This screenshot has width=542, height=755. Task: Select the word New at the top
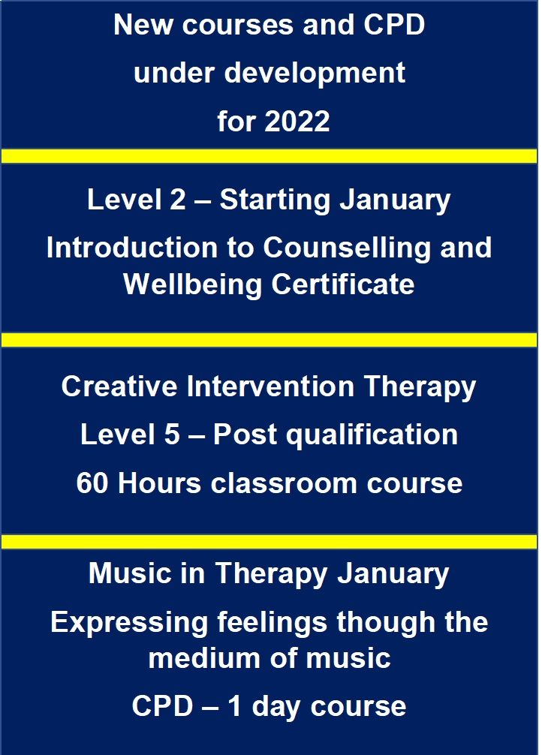click(x=143, y=25)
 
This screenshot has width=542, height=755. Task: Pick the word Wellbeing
click(x=193, y=285)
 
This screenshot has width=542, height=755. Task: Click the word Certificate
click(x=342, y=284)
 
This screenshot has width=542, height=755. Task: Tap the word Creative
click(x=119, y=387)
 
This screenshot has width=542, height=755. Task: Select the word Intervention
click(x=270, y=387)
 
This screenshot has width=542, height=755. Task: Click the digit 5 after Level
click(x=172, y=435)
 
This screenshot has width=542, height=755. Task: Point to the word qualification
click(x=372, y=436)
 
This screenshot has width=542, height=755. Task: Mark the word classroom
click(x=285, y=483)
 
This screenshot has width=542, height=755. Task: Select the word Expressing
click(x=129, y=623)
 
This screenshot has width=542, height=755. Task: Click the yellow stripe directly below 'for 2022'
click(x=269, y=156)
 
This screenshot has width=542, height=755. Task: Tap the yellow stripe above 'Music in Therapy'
click(x=269, y=542)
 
